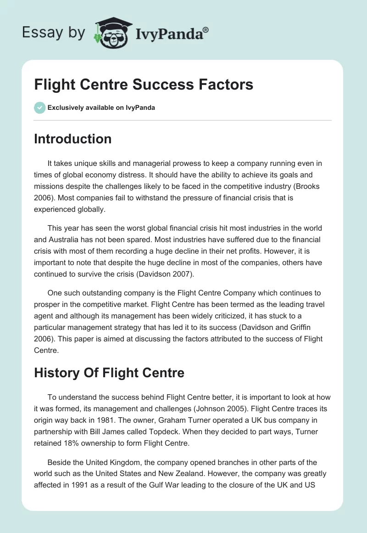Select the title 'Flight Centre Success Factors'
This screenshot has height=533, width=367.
(x=144, y=85)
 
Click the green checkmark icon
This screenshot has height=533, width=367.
(x=39, y=108)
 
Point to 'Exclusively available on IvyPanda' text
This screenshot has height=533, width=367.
(x=101, y=108)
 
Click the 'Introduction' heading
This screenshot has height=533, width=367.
(x=72, y=139)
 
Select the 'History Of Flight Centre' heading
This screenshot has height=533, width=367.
(x=109, y=372)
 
